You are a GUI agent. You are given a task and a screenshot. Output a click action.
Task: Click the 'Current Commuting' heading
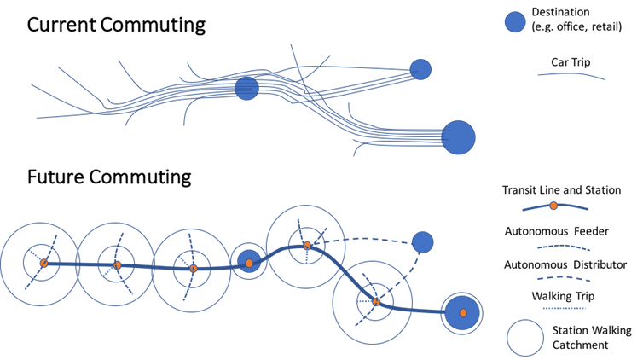point(116,25)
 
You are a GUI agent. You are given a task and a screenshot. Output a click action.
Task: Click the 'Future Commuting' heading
point(109,177)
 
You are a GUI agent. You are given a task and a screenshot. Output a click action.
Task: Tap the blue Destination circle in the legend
point(515,21)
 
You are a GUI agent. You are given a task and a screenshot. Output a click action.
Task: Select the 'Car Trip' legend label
point(571,62)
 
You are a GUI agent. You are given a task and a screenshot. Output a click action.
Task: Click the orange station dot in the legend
point(553,206)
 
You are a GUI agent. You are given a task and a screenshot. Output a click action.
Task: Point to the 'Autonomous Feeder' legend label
point(557,231)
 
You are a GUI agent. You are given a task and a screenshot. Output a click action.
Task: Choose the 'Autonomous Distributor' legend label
point(565,264)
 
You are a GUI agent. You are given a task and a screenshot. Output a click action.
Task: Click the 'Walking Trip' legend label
point(563,296)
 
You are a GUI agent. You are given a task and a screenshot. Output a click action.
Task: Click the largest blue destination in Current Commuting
point(458,137)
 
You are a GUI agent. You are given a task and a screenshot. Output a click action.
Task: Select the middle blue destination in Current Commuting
point(246,88)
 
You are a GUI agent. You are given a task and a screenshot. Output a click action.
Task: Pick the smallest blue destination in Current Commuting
point(420,69)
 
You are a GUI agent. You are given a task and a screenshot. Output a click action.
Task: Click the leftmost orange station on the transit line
point(43,264)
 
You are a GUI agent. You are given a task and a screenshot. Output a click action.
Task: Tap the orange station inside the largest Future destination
point(463,313)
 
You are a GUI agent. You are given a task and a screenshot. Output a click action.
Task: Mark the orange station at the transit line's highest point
point(307,246)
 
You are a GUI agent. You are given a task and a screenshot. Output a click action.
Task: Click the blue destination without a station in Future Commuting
point(422,242)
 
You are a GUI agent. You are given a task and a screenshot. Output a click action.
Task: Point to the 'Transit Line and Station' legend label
point(561,190)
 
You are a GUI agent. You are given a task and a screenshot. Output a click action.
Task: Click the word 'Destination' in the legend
point(560,12)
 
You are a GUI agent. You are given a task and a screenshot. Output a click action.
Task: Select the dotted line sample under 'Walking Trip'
point(564,308)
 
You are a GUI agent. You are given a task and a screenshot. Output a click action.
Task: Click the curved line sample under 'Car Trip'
point(571,74)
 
